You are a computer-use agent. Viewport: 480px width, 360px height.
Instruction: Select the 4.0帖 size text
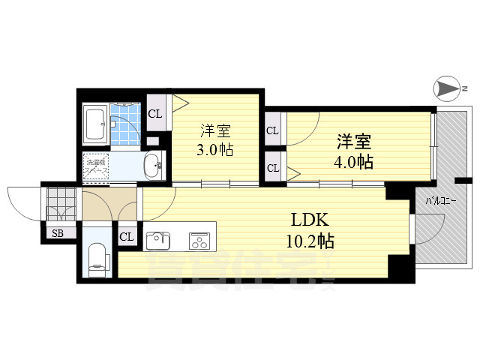[355, 161]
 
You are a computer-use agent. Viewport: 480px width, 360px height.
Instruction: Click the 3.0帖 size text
[214, 149]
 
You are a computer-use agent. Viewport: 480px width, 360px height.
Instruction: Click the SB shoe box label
[58, 233]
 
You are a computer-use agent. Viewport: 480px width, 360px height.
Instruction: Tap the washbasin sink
[153, 164]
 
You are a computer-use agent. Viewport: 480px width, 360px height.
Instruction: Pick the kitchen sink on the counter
[158, 240]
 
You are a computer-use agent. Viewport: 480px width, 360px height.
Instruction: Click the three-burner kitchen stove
[199, 240]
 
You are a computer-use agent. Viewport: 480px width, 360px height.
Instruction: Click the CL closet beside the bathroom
[155, 114]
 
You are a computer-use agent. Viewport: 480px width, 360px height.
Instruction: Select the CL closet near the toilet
[127, 238]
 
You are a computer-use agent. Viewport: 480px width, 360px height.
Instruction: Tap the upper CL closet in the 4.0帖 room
[272, 130]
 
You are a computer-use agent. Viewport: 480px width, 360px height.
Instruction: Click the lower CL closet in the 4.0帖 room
[272, 167]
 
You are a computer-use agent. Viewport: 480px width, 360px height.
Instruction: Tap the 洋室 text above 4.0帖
[355, 141]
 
